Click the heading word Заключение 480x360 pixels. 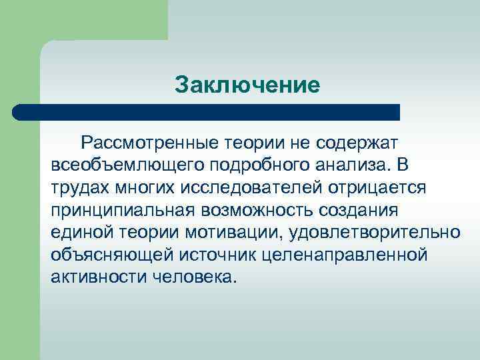pyautogui.click(x=247, y=85)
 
